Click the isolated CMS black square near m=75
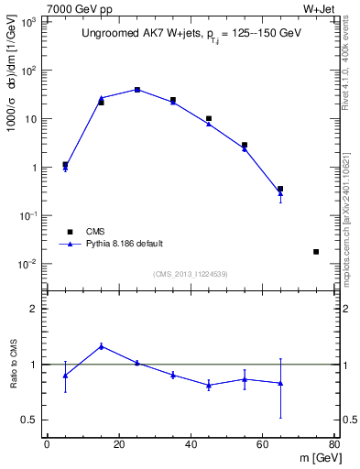(316, 252)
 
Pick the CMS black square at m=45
(209, 118)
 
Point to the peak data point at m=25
(137, 90)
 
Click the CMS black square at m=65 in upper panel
(280, 189)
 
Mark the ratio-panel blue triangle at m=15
(101, 346)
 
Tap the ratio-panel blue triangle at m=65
(280, 383)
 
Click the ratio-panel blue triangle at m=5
(65, 376)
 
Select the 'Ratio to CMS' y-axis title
(15, 365)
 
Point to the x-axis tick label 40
(191, 444)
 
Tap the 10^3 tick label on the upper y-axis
(29, 22)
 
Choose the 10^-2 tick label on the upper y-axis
(29, 264)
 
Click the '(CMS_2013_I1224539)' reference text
(190, 273)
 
